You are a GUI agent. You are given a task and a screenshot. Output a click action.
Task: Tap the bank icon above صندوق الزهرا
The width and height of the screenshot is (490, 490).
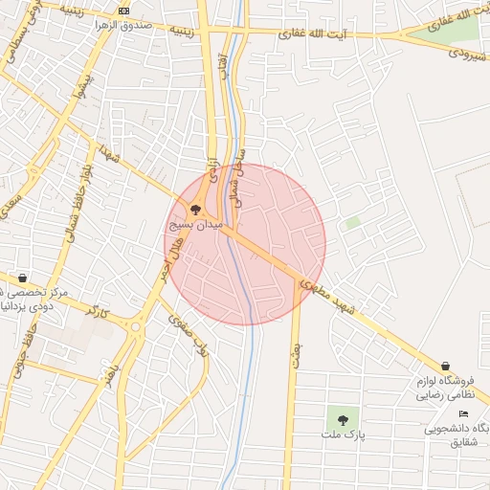tap(122, 10)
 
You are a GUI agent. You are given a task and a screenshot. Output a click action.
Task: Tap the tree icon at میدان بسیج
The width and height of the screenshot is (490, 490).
tap(195, 210)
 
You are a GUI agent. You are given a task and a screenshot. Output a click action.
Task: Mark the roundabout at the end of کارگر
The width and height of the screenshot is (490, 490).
tap(133, 327)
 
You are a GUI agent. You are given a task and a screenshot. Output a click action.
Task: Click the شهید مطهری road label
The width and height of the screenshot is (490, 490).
tap(339, 301)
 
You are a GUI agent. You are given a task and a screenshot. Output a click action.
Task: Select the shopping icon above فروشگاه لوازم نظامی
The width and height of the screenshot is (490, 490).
tap(446, 366)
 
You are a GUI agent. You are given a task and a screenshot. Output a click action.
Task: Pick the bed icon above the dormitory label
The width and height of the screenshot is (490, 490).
tap(464, 412)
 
